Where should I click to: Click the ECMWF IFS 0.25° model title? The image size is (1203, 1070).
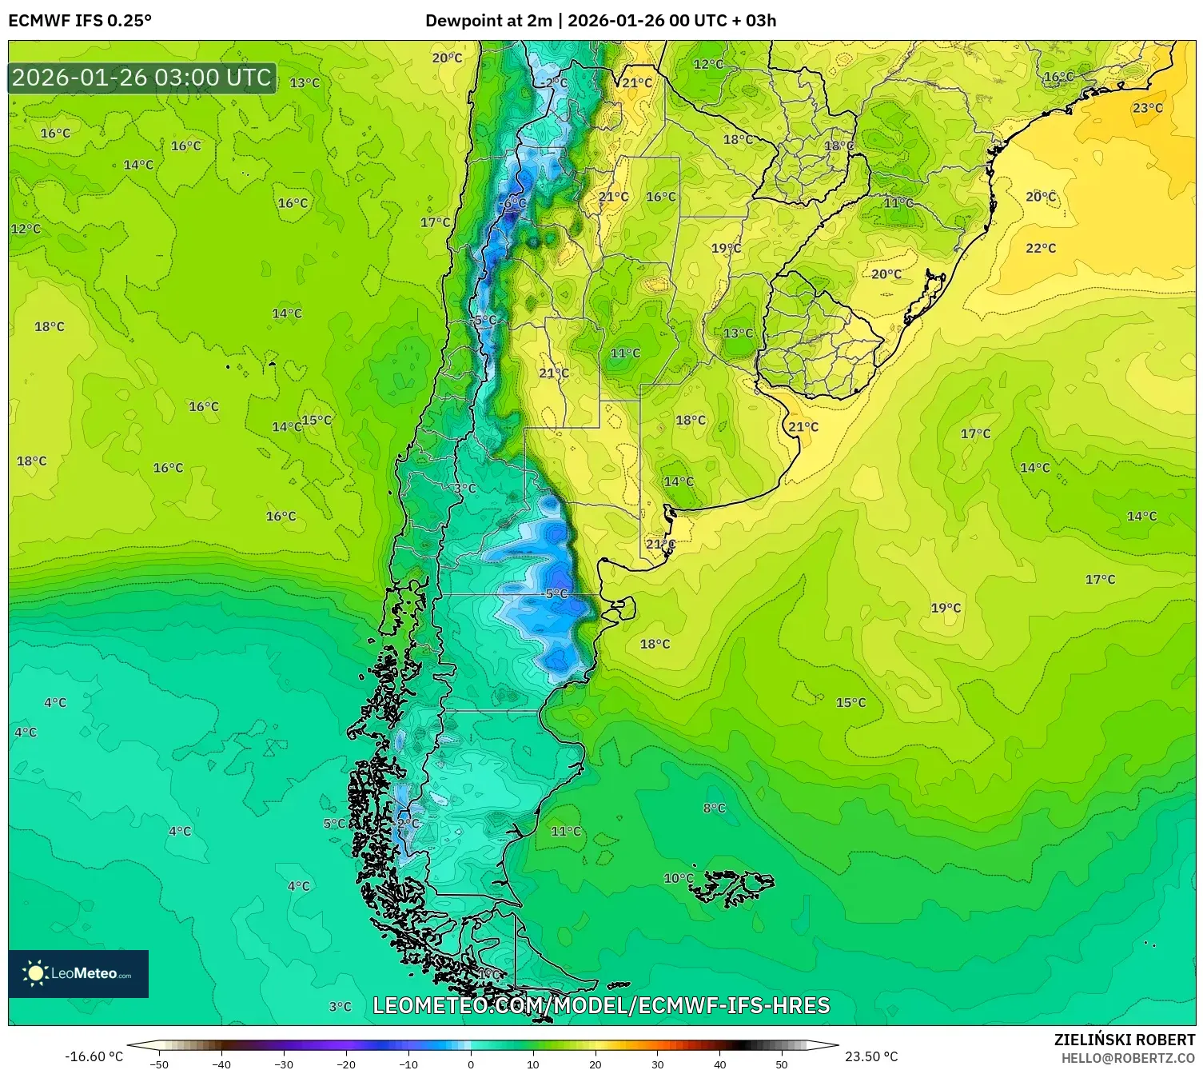80,21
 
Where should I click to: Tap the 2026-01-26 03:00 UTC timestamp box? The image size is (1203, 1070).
142,78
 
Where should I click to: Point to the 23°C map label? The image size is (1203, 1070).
1147,108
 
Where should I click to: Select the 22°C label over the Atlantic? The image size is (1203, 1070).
1040,249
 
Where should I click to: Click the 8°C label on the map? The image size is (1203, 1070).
714,808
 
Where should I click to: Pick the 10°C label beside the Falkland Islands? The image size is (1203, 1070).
678,878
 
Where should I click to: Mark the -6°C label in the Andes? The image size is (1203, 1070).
512,203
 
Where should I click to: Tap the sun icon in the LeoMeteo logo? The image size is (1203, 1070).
35,973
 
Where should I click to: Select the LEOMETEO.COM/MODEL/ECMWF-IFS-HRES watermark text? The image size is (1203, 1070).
601,1005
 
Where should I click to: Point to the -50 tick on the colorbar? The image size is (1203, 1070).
159,1064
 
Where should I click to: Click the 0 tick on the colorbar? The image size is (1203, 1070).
470,1064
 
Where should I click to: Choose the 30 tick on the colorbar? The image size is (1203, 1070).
657,1064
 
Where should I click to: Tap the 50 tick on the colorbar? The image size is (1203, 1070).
781,1064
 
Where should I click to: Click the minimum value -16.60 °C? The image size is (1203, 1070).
94,1056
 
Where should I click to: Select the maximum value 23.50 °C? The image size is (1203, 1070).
871,1056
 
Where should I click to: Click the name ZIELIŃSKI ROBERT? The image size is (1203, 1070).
1124,1040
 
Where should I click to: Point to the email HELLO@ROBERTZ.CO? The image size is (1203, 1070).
1127,1058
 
